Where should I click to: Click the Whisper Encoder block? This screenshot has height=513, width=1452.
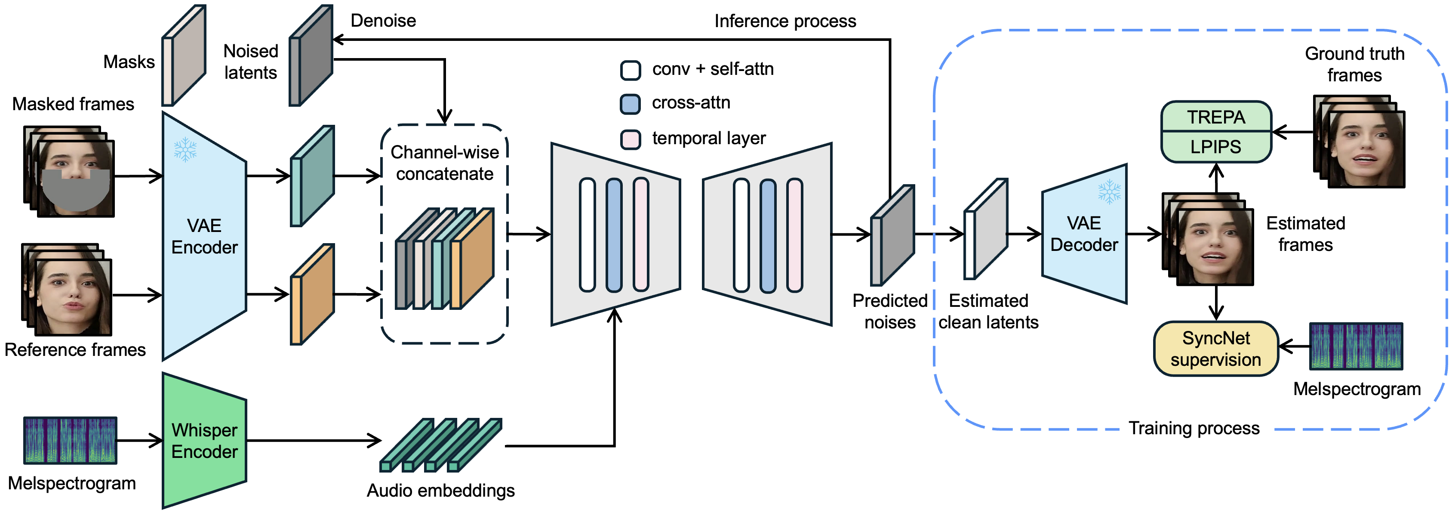(204, 440)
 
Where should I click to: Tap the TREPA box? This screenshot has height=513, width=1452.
(1216, 117)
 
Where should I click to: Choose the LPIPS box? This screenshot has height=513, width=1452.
(1216, 147)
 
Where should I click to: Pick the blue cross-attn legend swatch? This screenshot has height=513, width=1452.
(630, 104)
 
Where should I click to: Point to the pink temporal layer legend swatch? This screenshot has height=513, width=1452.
(630, 139)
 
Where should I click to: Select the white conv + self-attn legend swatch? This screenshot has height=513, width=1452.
(630, 70)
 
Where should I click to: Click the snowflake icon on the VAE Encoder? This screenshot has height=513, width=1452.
(185, 149)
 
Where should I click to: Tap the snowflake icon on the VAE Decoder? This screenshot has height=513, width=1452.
(1109, 192)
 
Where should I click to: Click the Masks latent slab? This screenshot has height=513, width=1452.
(184, 55)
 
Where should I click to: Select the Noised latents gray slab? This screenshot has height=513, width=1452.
(311, 55)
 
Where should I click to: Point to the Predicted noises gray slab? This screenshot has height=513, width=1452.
(892, 235)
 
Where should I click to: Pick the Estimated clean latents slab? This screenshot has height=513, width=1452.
(986, 229)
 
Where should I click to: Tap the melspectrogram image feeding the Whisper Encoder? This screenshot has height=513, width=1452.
(71, 440)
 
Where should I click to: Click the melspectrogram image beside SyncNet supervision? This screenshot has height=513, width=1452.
(1356, 346)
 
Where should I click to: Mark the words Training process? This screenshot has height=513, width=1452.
(1194, 429)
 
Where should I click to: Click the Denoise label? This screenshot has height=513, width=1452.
(383, 21)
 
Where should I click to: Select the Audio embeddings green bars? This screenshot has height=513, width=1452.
(441, 445)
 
